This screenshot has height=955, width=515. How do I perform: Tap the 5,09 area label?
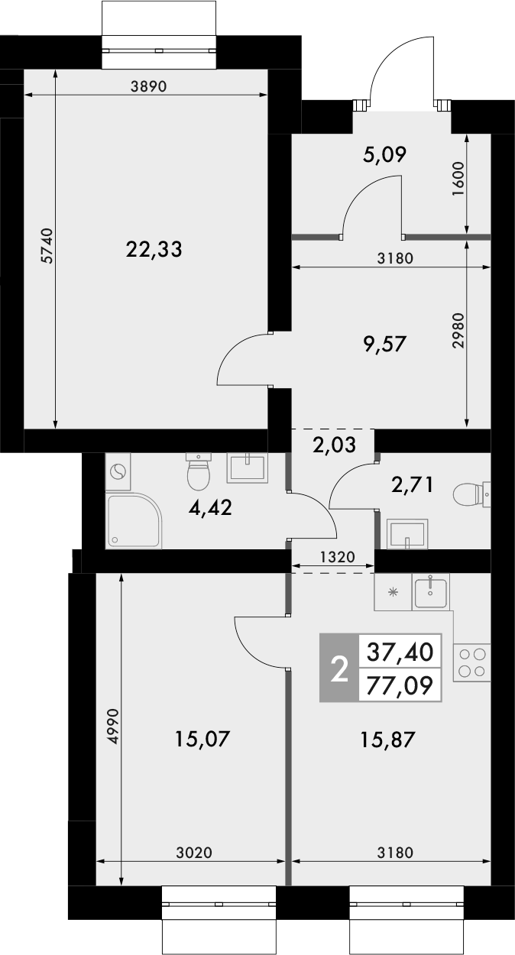pos(384,156)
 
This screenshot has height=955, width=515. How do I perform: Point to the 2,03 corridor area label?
pos(332,444)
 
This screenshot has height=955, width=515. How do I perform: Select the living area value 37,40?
pos(400,652)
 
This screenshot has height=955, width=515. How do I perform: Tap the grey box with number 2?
pos(338,668)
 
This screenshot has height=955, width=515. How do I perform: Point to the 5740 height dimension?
pos(47,246)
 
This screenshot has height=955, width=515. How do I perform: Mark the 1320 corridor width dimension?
pos(333,558)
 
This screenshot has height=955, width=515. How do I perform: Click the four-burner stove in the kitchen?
pos(472,662)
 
